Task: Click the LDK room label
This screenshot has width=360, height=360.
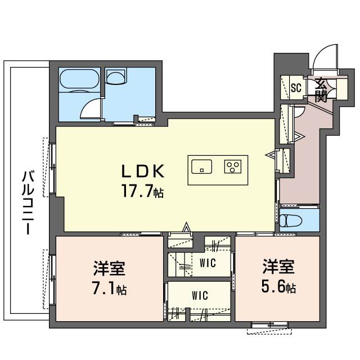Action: tap(143, 170)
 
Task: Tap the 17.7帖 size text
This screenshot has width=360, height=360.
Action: tap(143, 192)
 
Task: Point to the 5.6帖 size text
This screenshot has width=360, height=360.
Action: tap(278, 289)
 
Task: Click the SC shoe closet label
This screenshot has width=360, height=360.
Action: tap(296, 88)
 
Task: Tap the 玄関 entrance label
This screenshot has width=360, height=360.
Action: tap(321, 89)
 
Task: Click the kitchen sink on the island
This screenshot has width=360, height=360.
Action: tap(202, 166)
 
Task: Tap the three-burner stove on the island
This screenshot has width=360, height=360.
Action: tap(232, 166)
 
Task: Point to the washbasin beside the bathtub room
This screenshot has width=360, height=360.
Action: tap(116, 77)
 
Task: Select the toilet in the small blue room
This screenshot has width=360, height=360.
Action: tap(293, 220)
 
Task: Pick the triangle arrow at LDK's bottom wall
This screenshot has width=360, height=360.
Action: tap(187, 228)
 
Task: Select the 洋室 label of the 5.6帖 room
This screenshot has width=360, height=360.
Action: tap(278, 267)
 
